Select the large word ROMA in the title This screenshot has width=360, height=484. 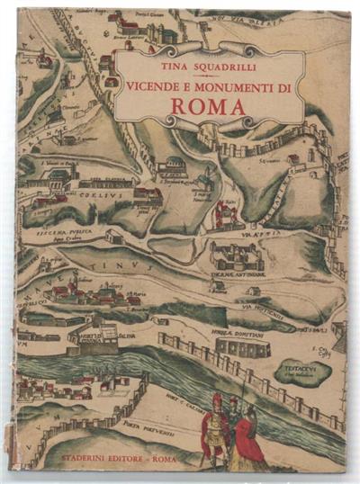[x=208, y=107]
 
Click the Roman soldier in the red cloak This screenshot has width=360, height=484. [x=216, y=428]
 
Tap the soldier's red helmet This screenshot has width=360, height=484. [x=216, y=399]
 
